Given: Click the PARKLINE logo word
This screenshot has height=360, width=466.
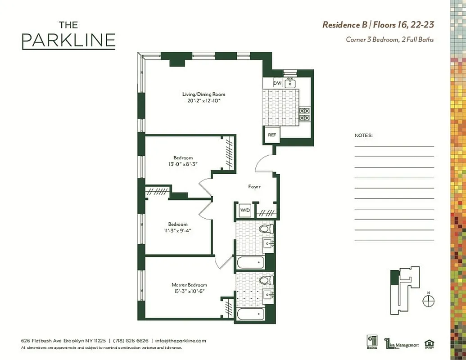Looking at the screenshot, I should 68,40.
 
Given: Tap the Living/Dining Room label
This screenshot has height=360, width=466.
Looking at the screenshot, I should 204,94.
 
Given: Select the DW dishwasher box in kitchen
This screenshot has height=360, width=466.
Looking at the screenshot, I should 277,83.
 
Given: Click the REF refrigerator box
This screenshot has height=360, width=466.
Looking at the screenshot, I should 271,135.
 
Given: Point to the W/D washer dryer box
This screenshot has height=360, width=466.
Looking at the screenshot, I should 244,210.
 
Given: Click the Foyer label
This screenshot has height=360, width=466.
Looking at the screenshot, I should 254,186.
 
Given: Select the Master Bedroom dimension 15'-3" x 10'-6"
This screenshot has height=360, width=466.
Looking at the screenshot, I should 189,291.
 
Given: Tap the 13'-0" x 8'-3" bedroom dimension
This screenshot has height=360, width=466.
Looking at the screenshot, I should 183,164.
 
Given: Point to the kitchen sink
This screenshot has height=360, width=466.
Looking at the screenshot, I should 290,83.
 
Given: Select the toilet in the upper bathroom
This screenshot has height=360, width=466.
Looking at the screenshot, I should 265,229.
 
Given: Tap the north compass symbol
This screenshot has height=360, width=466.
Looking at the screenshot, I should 428,301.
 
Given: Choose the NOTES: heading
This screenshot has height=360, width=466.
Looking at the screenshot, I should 363,135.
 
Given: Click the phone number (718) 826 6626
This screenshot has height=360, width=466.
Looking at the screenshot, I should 130,341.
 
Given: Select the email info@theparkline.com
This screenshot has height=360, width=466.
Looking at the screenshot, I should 180,341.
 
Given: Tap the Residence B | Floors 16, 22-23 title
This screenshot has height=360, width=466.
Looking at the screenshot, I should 378,25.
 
